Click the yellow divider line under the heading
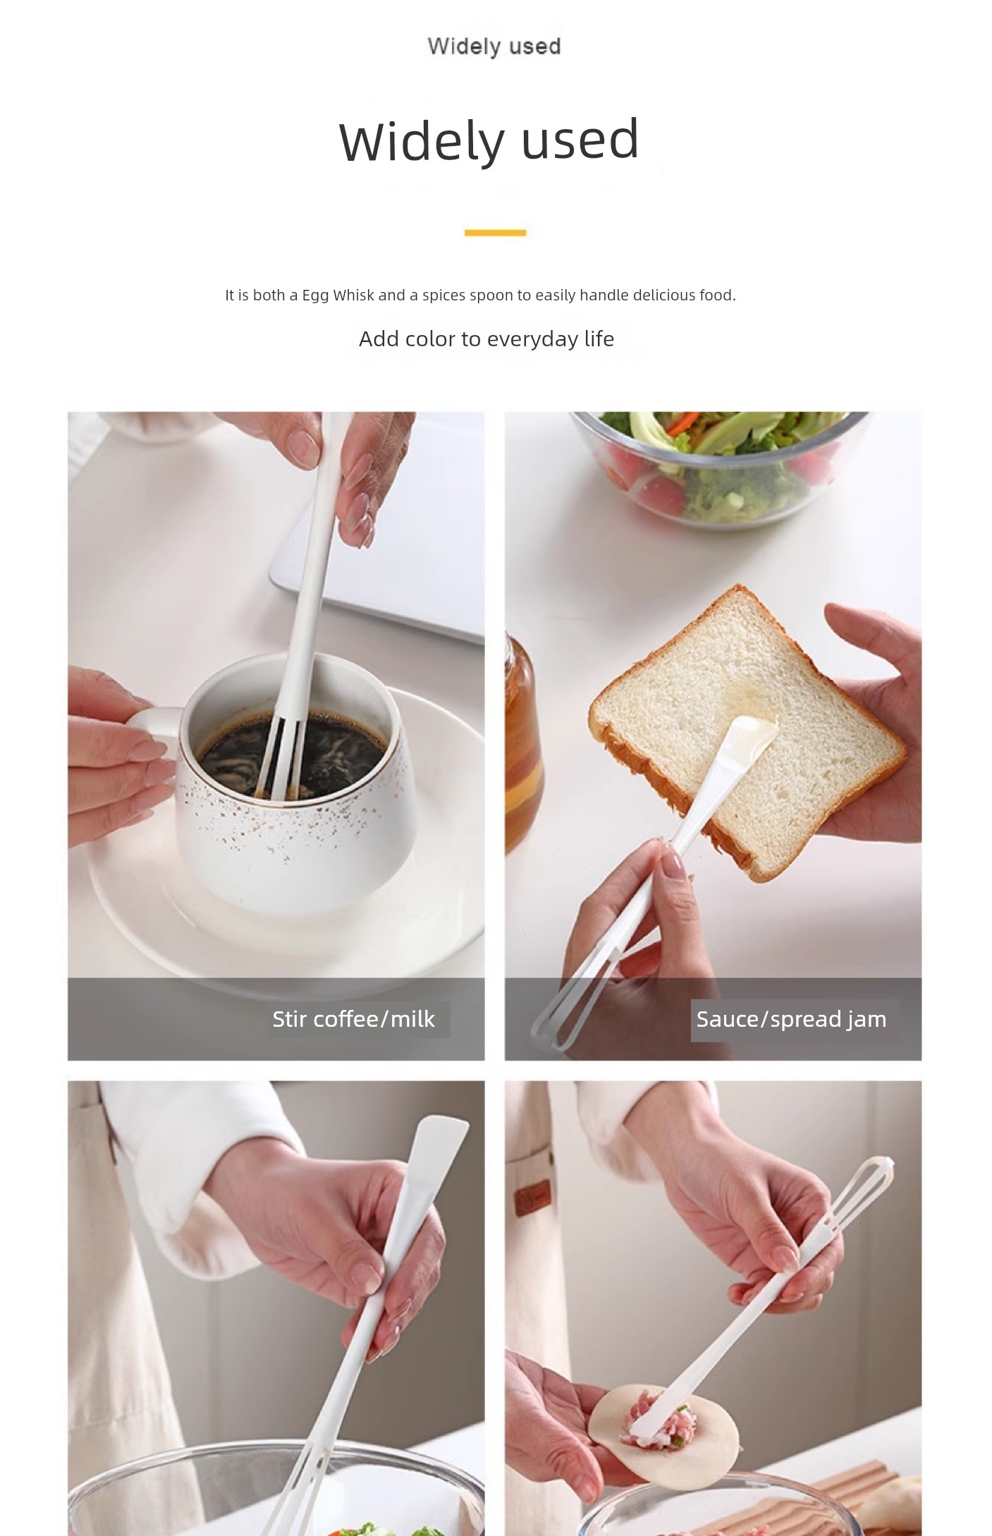click(495, 232)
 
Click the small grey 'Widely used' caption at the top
click(494, 47)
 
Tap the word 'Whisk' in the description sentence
click(354, 295)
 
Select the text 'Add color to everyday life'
click(486, 339)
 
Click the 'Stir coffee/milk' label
click(354, 1019)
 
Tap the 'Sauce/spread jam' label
click(791, 1019)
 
